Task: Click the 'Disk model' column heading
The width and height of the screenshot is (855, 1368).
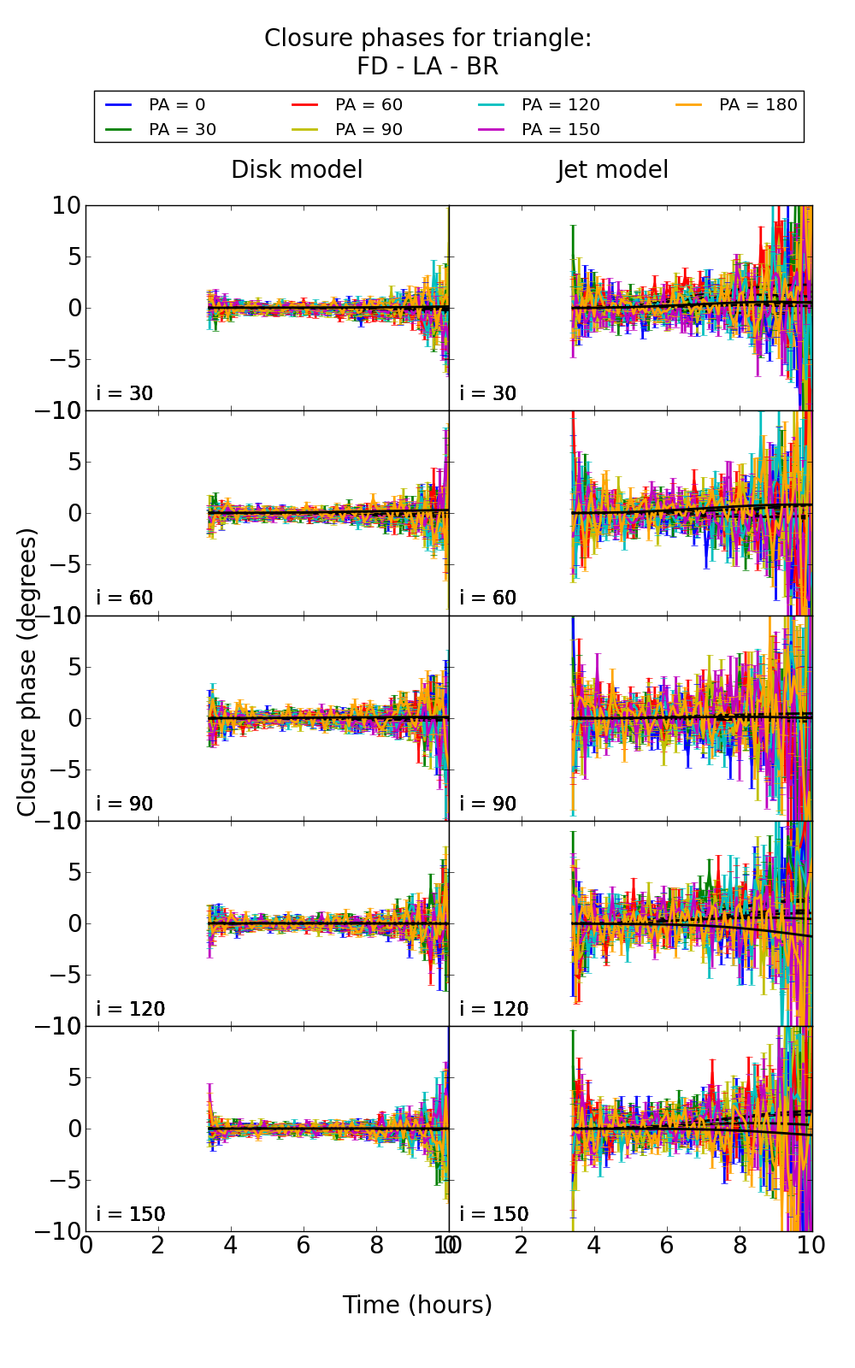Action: pyautogui.click(x=297, y=169)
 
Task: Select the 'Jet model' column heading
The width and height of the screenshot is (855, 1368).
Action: pyautogui.click(x=612, y=169)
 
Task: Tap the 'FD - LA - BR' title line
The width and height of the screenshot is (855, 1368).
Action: pyautogui.click(x=427, y=66)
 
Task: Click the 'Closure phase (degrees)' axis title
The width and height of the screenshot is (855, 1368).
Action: pyautogui.click(x=27, y=672)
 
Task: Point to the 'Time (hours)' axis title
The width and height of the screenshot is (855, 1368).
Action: pyautogui.click(x=417, y=1305)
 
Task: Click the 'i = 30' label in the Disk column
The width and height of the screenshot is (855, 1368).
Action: pyautogui.click(x=125, y=393)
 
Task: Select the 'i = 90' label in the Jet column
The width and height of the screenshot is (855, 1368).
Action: pyautogui.click(x=488, y=804)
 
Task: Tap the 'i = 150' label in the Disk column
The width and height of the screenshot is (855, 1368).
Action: pyautogui.click(x=130, y=1214)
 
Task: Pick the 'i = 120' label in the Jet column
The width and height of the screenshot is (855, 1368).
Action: pyautogui.click(x=493, y=1009)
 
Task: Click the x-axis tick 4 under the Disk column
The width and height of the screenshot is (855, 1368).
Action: pyautogui.click(x=231, y=1245)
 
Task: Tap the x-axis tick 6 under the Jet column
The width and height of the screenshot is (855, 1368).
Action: pyautogui.click(x=667, y=1245)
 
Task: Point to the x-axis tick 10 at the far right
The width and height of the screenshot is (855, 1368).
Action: pyautogui.click(x=811, y=1245)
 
